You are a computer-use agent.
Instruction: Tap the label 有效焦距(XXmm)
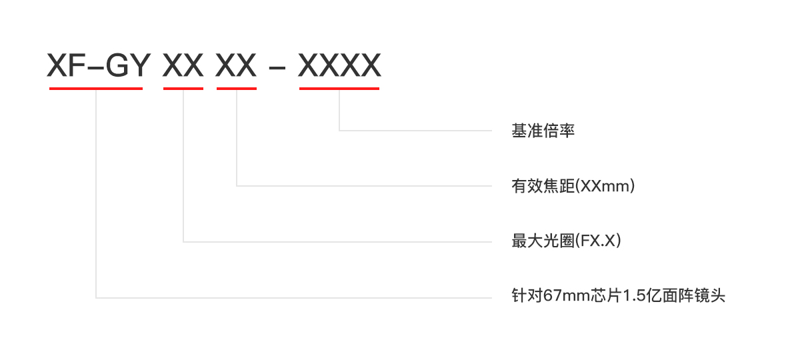tap(573, 186)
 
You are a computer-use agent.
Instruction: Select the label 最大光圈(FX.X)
tap(566, 241)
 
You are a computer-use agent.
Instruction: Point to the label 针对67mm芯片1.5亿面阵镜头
tap(618, 295)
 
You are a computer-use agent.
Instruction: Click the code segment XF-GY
tap(95, 66)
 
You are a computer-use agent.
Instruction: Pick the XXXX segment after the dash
tap(339, 66)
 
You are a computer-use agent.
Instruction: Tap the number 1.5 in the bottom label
tap(631, 295)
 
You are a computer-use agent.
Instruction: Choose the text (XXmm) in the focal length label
tap(605, 186)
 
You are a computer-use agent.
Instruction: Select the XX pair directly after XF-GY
tap(183, 66)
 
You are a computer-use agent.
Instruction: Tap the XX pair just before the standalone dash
tap(236, 66)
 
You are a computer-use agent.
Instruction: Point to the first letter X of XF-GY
tap(58, 66)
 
